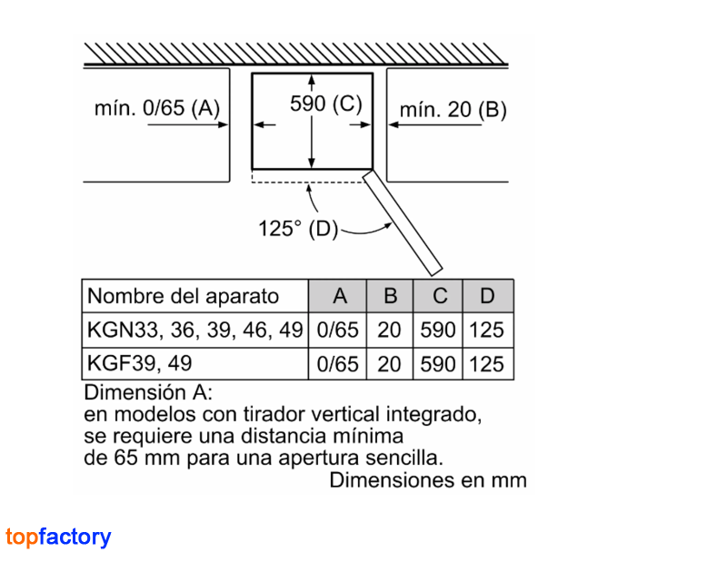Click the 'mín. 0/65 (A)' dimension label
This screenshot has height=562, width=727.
pos(156,108)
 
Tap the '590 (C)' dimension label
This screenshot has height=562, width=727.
pos(326,104)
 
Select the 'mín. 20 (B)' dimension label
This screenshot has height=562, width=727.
pos(453,110)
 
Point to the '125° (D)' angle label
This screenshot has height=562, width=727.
pos(298,229)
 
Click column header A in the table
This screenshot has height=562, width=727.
pos(340,296)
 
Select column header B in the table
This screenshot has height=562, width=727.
pos(391,296)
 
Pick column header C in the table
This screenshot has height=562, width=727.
pos(440,296)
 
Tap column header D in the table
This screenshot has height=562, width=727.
pos(487,296)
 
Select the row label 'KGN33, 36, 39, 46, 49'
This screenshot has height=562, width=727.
pos(194,330)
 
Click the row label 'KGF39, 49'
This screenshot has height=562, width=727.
pos(139,363)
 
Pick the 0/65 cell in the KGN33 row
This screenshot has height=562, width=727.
pos(337,330)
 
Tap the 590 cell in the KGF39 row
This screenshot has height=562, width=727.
pos(438,364)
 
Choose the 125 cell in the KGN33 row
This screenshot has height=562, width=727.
pos(486,330)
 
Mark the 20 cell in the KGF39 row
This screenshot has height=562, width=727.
pos(389,364)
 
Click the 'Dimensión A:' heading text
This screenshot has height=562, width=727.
pos(148,392)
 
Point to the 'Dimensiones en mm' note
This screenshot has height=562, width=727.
pos(428,480)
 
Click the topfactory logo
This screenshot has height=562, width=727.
pos(58,537)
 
